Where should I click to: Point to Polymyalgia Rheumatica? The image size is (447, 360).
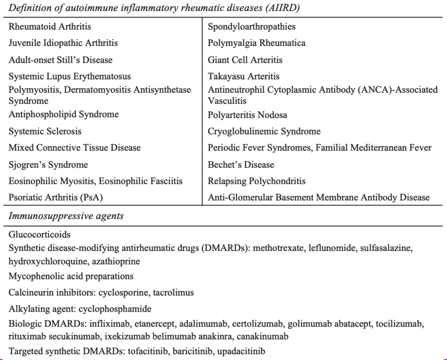[256, 43]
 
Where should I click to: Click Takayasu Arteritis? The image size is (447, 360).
[243, 76]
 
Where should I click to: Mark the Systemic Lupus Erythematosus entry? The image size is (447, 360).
[69, 76]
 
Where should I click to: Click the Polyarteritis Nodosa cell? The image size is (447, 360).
[248, 114]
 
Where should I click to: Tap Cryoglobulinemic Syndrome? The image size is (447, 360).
[264, 131]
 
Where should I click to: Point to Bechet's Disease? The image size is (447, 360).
[241, 164]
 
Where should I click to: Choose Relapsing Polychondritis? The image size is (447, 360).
[256, 181]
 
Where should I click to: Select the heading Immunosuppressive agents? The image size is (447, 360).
[66, 216]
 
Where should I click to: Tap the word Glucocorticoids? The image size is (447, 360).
[39, 235]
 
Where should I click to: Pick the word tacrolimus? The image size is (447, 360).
[175, 292]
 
